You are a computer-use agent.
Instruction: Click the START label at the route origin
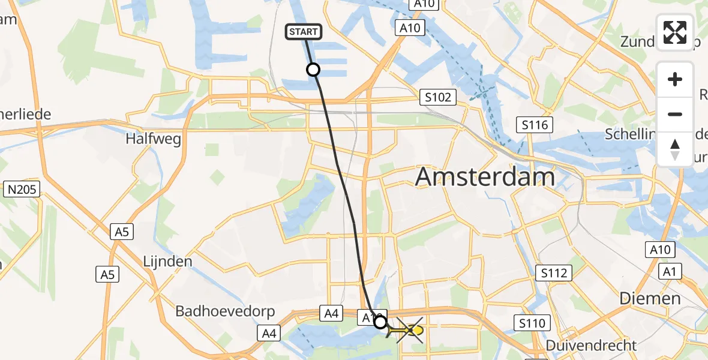(x=305, y=32)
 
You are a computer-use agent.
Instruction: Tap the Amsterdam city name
(x=485, y=178)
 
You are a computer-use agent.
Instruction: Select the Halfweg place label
(x=153, y=138)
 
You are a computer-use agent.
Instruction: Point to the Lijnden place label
(x=167, y=262)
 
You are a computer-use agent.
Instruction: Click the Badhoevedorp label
(x=225, y=311)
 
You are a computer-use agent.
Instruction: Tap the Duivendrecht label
(x=591, y=346)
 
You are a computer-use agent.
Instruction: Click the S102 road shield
(x=437, y=97)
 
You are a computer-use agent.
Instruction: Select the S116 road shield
(x=535, y=125)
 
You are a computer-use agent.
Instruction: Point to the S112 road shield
(x=553, y=274)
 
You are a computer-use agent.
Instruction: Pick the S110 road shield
(x=532, y=324)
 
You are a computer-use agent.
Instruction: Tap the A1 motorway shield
(x=670, y=272)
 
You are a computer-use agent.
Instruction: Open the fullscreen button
(x=675, y=32)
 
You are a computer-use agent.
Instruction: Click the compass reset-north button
(x=675, y=149)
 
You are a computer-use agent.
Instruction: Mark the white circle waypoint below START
(x=313, y=70)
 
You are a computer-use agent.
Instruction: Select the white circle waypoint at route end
(x=380, y=323)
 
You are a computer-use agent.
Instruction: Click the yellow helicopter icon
(x=409, y=330)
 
